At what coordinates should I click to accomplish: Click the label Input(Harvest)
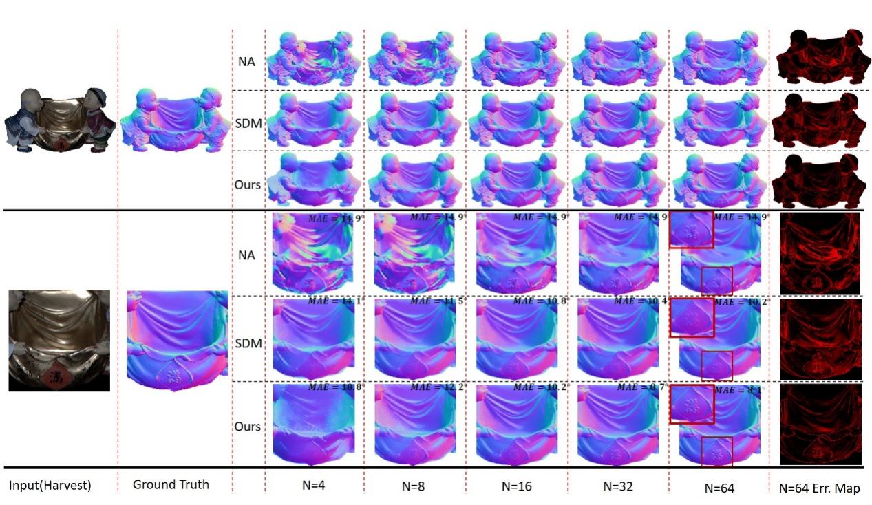tap(50, 486)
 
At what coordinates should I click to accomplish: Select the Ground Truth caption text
tap(171, 484)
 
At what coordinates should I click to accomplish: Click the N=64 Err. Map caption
tap(819, 488)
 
